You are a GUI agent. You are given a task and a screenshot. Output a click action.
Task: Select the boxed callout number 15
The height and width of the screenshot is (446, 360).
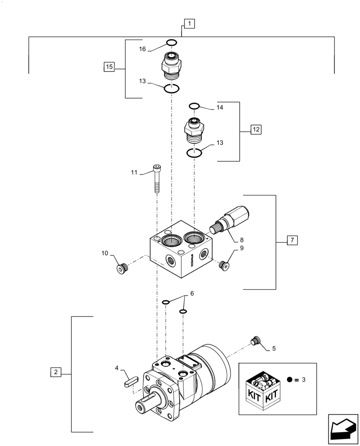click(109, 67)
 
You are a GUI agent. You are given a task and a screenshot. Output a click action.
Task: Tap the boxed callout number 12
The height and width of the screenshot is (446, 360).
click(256, 129)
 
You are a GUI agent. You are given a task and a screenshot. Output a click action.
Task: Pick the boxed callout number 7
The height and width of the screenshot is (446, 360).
click(292, 241)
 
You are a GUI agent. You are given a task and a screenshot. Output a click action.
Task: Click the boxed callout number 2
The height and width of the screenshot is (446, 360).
click(55, 372)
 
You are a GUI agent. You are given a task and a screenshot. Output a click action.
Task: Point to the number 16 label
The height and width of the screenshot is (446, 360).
click(143, 49)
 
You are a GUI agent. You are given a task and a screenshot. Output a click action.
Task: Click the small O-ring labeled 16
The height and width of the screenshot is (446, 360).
click(171, 42)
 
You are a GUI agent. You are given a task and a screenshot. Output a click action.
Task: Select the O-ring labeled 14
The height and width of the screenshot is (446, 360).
click(194, 106)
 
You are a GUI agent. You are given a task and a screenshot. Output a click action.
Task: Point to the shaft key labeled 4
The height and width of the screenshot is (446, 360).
click(129, 382)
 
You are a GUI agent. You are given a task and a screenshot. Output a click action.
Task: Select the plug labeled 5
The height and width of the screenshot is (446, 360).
click(255, 341)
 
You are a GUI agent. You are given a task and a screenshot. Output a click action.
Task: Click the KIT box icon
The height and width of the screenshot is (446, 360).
click(263, 389)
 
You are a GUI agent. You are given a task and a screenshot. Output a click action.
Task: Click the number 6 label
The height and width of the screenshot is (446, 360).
click(192, 293)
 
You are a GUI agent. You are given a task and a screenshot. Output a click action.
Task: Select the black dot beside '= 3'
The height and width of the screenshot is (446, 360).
click(290, 380)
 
